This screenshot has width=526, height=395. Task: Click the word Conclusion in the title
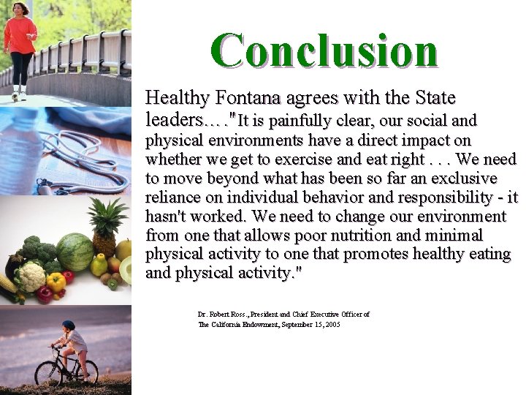tap(324, 51)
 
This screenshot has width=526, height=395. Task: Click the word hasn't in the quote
tap(168, 217)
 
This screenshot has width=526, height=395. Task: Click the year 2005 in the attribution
tap(332, 324)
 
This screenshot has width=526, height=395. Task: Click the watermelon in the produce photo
tap(75, 252)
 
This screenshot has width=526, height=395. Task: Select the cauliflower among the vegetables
tap(31, 276)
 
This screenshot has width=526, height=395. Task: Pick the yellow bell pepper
tap(56, 282)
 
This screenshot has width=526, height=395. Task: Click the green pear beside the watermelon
tap(99, 265)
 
